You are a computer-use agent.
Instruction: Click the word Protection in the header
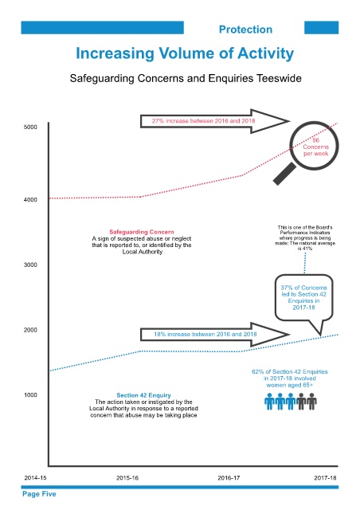pos(245,29)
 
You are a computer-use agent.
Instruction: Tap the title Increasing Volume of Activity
pos(185,53)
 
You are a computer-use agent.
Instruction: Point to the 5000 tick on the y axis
pos(30,127)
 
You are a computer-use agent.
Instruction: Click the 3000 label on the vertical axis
pos(30,265)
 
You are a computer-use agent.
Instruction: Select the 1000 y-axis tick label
pos(30,395)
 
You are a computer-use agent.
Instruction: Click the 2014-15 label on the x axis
pos(36,478)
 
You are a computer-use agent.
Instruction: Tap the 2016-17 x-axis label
pos(229,478)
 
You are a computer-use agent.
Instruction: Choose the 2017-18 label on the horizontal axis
pos(325,478)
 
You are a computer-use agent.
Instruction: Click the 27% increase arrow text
pos(204,121)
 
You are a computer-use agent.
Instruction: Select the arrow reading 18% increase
pos(214,335)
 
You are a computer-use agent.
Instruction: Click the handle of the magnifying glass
pos(284,174)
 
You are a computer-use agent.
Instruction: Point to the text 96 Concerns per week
pos(315,147)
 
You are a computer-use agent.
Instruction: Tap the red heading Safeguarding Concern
pos(142,232)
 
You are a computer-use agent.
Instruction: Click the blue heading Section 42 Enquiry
pos(143,395)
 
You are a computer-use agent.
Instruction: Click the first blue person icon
pos(269,402)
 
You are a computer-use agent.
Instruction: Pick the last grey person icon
pos(311,402)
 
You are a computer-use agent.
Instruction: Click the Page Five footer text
pos(39,494)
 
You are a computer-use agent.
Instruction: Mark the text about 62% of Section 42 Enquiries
pos(290,379)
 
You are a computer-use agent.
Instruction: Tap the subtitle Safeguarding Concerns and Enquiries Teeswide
pos(186,78)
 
